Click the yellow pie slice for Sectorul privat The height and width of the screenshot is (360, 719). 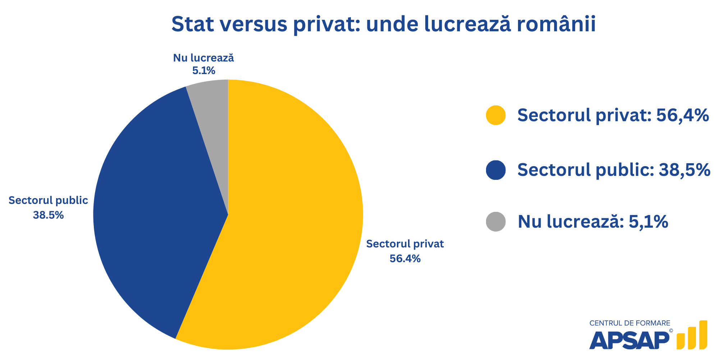(288, 223)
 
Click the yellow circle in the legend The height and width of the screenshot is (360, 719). (496, 115)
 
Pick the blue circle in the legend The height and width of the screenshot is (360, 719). (496, 170)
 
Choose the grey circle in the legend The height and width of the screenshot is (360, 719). (496, 222)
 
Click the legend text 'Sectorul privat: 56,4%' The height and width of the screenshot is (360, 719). (613, 115)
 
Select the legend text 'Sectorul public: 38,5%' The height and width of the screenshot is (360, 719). (614, 170)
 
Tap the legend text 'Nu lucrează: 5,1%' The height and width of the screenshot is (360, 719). (593, 222)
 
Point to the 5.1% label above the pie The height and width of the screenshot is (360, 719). (203, 70)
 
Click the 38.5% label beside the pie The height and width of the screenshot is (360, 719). (48, 215)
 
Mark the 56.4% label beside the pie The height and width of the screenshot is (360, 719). (405, 259)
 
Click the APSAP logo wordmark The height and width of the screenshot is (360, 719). (629, 340)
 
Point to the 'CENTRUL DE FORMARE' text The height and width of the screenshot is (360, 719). (629, 323)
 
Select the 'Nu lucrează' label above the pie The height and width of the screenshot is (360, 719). (203, 58)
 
